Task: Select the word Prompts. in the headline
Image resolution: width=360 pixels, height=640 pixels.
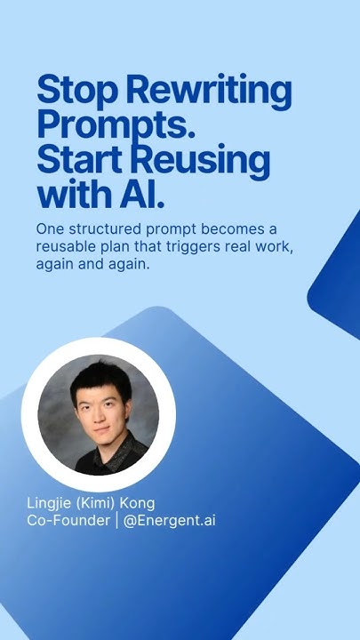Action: tap(116, 125)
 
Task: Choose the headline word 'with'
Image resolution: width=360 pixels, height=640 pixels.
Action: tap(76, 194)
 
